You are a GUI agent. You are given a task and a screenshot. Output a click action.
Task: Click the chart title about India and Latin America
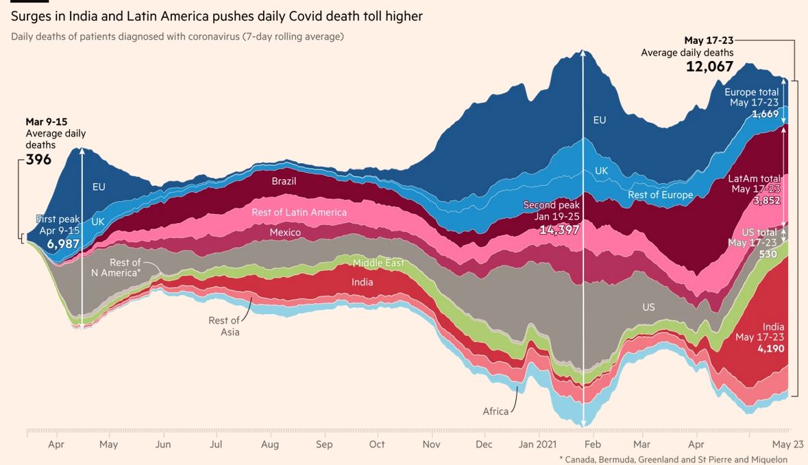click(217, 16)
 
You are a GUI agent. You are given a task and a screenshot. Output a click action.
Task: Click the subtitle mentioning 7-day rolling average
click(177, 36)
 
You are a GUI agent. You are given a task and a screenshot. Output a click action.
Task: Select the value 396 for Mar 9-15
click(38, 160)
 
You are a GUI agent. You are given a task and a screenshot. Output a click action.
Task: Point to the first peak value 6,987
click(64, 243)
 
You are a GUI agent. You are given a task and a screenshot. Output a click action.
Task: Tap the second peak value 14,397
click(559, 230)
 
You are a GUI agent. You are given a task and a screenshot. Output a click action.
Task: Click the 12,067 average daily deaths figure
click(709, 67)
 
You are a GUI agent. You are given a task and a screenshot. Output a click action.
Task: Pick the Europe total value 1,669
click(765, 114)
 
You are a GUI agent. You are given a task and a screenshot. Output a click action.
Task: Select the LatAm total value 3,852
click(766, 200)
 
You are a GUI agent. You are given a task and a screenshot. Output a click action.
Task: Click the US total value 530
click(768, 254)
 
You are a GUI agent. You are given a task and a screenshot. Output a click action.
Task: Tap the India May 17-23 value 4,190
click(770, 348)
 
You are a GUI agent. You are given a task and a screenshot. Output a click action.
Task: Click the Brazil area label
click(284, 181)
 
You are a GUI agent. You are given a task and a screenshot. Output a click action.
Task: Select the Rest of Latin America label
click(299, 213)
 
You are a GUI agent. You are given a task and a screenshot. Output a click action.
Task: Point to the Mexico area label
click(285, 232)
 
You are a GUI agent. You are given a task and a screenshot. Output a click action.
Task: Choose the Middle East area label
click(378, 263)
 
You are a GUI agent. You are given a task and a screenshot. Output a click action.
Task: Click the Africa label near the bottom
click(495, 412)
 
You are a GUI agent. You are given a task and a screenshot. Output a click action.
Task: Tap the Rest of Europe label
click(660, 195)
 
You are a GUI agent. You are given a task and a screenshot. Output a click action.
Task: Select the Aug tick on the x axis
click(270, 444)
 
